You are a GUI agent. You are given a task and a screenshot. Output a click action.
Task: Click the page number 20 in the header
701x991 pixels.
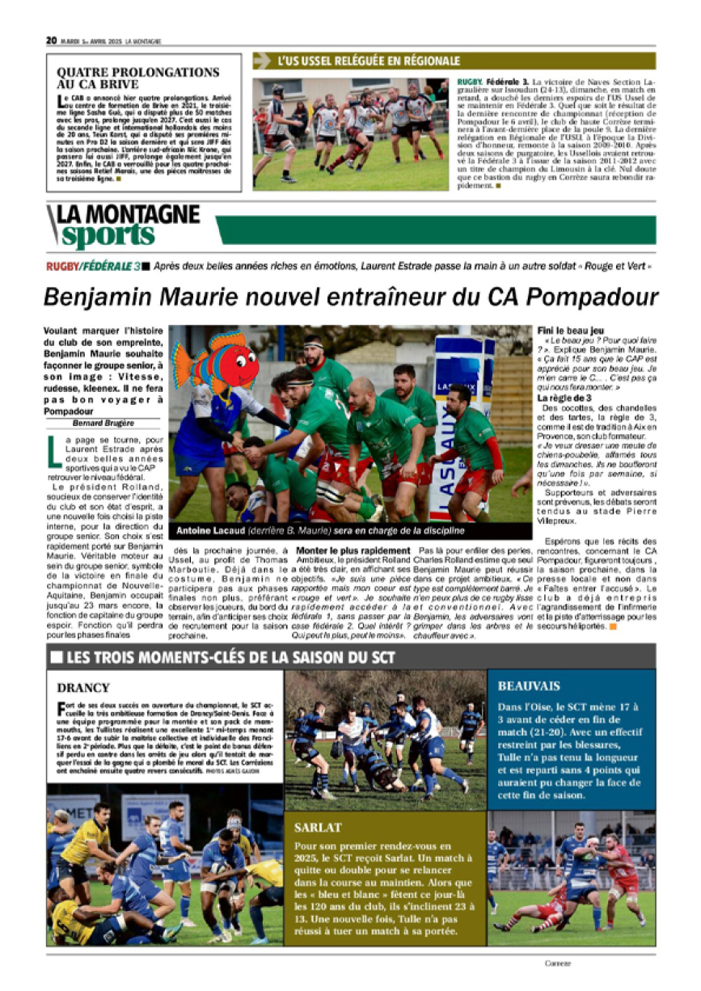pos(51,40)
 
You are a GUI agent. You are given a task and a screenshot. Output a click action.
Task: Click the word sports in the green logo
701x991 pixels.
pos(108,235)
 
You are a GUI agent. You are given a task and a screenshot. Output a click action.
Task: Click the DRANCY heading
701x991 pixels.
pos(83,688)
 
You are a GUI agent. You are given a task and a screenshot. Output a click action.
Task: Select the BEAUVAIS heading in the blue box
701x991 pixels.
pos(529,685)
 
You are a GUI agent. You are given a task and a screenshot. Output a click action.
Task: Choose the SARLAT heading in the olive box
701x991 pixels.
pos(320,828)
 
